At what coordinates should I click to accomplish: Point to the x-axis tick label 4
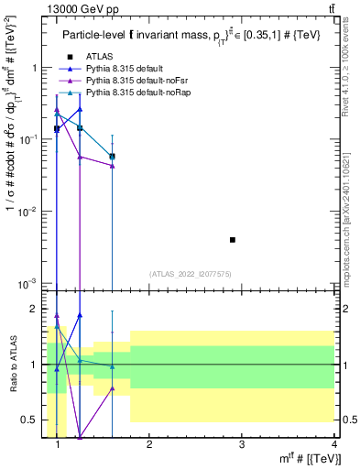(334, 445)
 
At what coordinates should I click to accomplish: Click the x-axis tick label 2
(149, 445)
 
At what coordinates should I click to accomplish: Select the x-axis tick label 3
(242, 445)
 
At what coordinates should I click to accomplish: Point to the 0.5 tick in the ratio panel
(30, 420)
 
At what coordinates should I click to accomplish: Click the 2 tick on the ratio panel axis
(35, 309)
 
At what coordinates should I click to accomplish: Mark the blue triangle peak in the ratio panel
(81, 315)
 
